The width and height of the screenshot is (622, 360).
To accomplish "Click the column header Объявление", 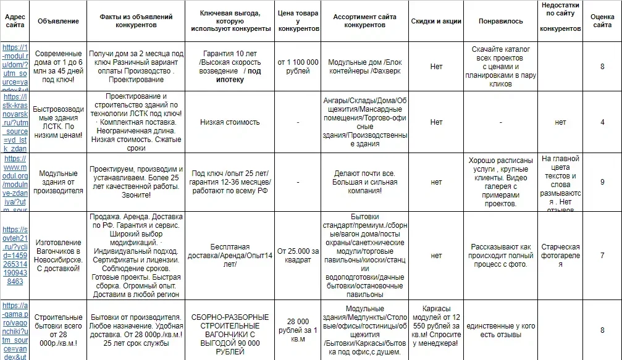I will click(x=58, y=22).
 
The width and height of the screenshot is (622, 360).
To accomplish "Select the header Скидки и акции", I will click(x=436, y=22).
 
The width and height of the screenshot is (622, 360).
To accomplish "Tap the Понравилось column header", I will click(x=500, y=22).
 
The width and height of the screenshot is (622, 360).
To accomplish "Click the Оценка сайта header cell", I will click(x=602, y=22).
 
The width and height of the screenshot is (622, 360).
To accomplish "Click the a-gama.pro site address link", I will click(x=15, y=330).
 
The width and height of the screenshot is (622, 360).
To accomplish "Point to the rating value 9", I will click(x=602, y=182).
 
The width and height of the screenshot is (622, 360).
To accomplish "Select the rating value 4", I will click(x=602, y=122).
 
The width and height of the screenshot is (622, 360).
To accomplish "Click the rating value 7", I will click(x=602, y=256).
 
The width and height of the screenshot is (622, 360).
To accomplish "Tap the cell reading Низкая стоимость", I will click(x=230, y=122).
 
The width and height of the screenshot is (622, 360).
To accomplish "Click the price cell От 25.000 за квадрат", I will click(x=298, y=256).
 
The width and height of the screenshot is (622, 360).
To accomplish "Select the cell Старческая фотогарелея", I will click(x=560, y=256).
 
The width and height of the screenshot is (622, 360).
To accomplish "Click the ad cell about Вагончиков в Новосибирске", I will click(x=58, y=256).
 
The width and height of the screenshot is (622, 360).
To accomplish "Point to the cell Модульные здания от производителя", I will click(x=58, y=182).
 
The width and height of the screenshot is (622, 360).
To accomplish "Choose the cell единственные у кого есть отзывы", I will click(x=500, y=330).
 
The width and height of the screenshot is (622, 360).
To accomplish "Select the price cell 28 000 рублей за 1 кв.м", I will click(x=298, y=330).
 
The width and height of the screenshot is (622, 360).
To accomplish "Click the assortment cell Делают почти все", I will click(x=364, y=182).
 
